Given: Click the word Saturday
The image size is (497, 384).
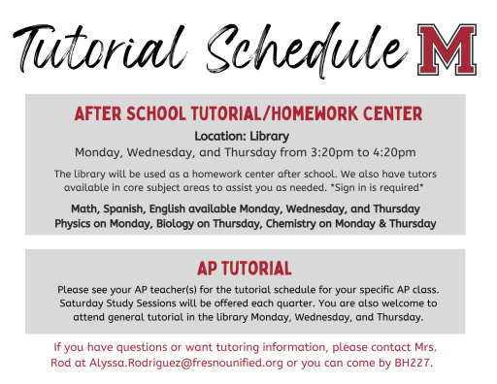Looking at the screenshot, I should click(86, 304).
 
